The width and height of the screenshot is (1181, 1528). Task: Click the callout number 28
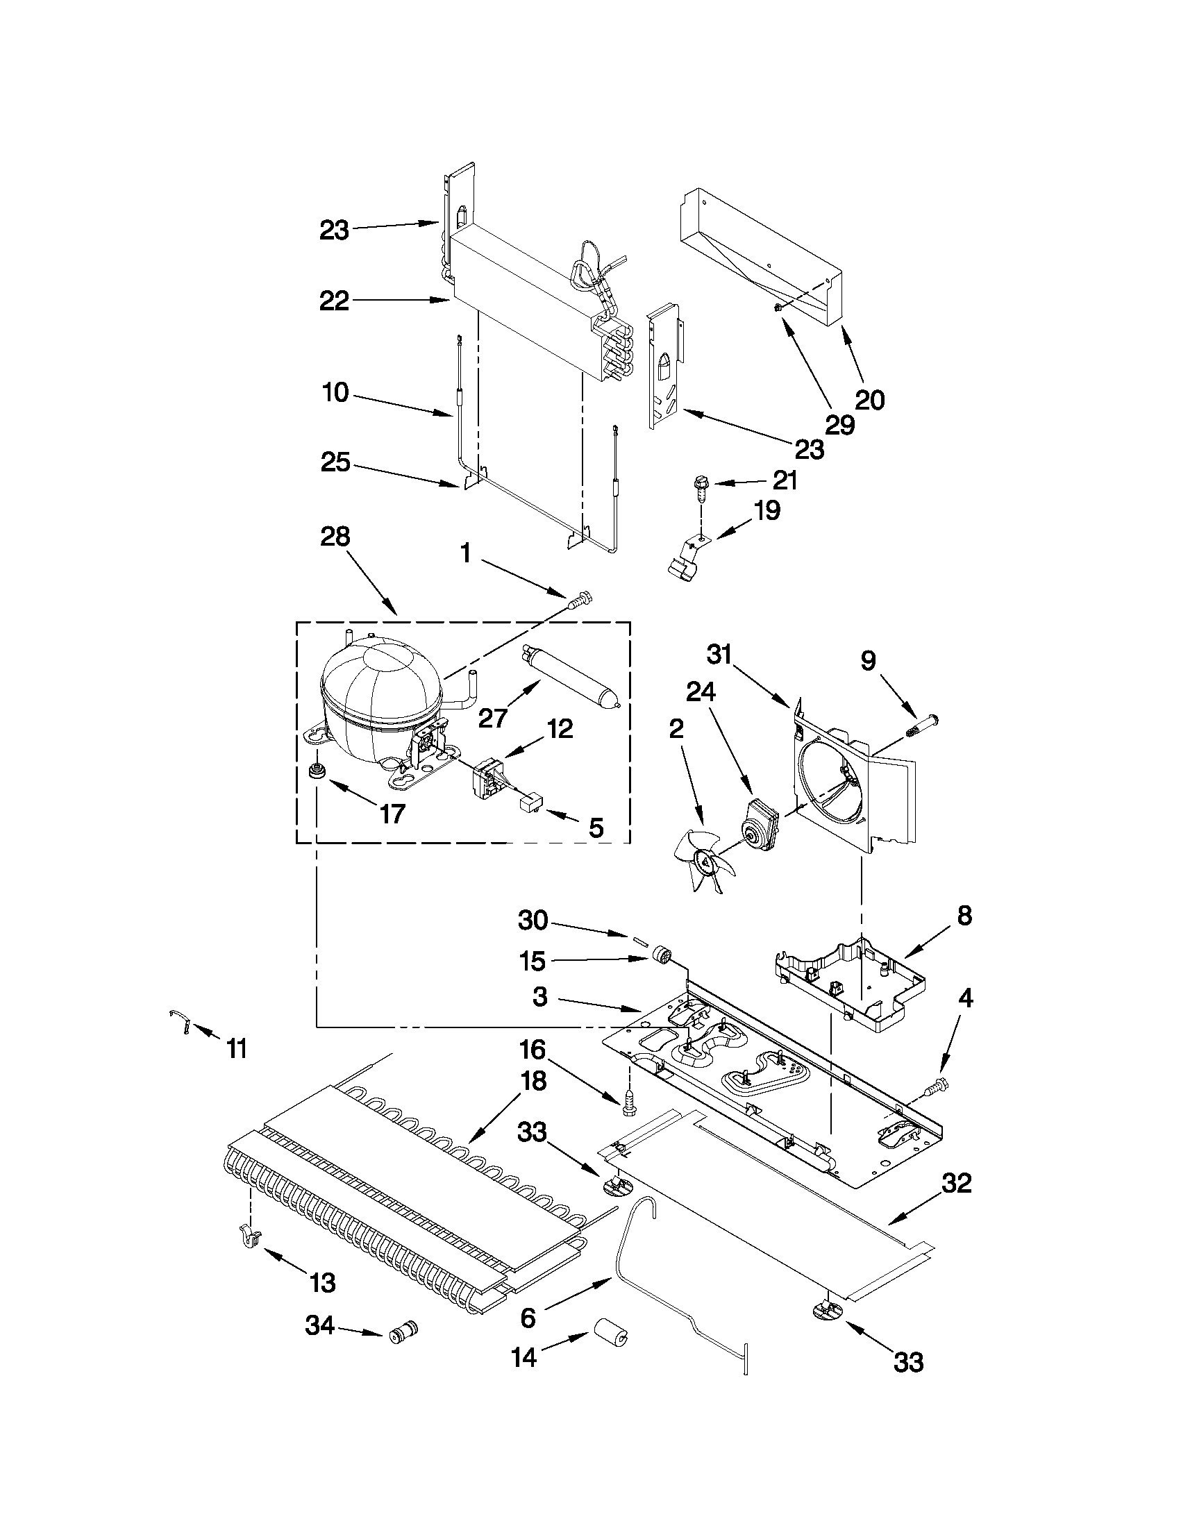coord(335,537)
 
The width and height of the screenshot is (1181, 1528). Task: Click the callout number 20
coord(870,400)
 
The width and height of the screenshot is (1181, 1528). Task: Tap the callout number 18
coord(534,1080)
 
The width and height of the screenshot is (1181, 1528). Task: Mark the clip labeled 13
coord(250,1237)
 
